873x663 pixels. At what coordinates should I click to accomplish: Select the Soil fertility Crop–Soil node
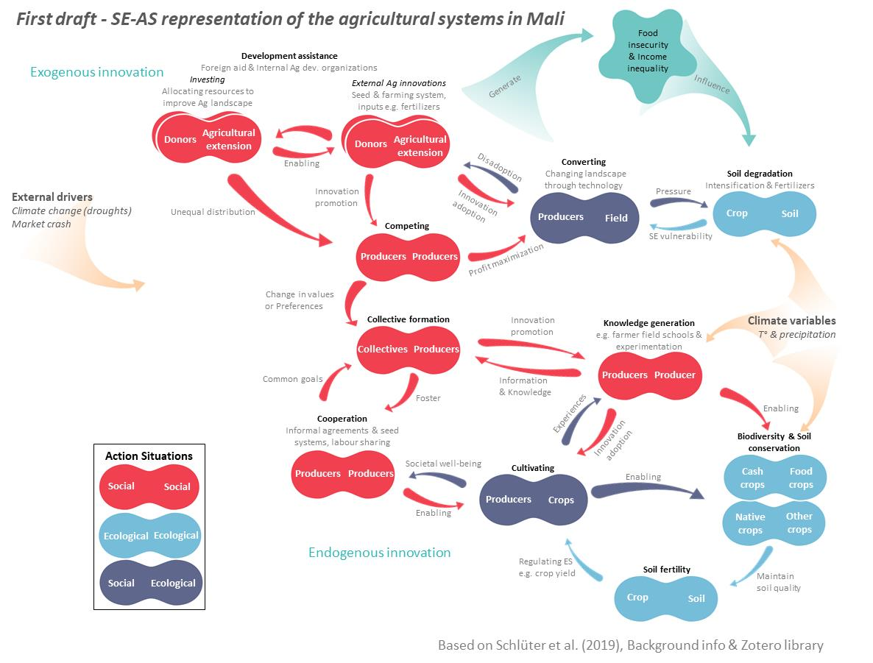pos(665,598)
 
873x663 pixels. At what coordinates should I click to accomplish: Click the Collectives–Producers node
pos(409,349)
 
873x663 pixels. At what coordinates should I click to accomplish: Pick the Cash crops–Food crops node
pos(774,478)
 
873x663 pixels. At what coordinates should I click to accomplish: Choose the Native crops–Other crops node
pos(774,522)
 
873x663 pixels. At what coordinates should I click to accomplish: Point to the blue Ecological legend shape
pos(149,536)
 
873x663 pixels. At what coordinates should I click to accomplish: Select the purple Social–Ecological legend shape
pos(149,583)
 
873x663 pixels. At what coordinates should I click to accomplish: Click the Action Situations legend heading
pos(149,456)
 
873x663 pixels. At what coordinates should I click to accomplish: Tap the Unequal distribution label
pos(213,212)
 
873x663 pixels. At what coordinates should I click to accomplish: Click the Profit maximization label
pos(506,260)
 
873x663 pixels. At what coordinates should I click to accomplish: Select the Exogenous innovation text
pos(97,72)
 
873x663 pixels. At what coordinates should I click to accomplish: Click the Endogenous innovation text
pos(379,553)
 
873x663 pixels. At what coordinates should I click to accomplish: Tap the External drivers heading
pos(52,197)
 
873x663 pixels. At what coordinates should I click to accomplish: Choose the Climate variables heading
pos(791,321)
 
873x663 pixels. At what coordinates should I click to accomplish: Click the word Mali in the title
pos(545,18)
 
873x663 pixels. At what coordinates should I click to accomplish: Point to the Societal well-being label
pos(443,464)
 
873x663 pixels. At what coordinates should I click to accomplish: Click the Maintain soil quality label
pos(778,582)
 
